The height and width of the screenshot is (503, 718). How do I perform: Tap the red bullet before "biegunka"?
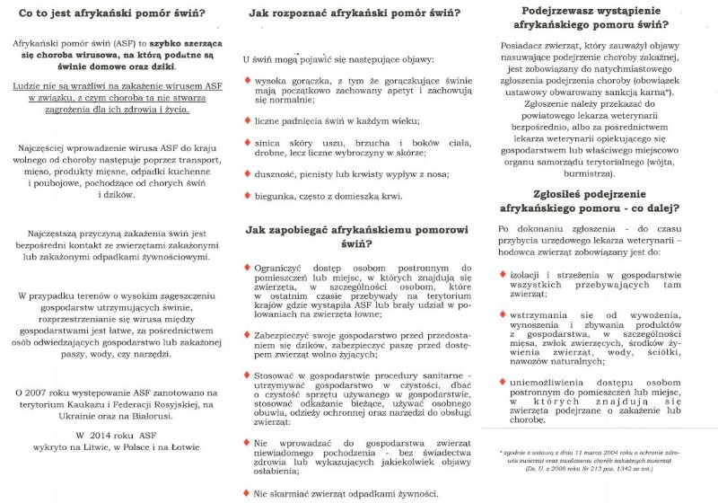coord(247,195)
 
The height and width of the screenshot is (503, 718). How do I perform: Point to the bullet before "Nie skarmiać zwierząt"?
coord(247,492)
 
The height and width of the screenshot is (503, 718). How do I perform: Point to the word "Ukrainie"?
coord(77,418)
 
